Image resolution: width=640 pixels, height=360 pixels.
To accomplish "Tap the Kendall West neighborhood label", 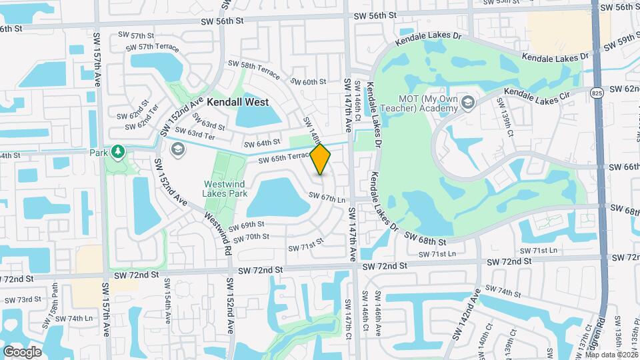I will click(x=237, y=102).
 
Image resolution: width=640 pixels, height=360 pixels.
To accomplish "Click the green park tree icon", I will click(x=118, y=152).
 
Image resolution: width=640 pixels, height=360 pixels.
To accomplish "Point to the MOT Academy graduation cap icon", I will click(x=467, y=102).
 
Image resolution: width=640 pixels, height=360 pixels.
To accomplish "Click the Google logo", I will click(x=22, y=352).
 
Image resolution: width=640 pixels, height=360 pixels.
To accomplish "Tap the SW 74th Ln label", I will click(x=74, y=318).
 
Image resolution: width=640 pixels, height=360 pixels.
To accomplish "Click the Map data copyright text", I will click(x=611, y=354).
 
